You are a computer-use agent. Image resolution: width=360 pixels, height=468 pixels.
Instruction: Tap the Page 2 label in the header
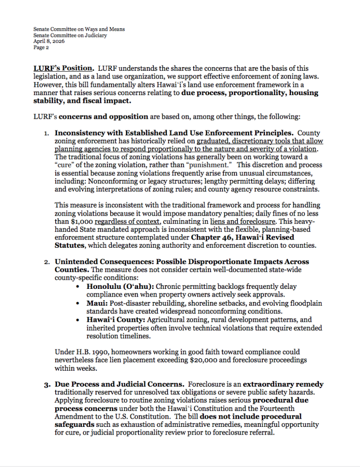[40, 47]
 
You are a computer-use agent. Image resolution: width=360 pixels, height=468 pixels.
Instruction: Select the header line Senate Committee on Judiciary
[69, 35]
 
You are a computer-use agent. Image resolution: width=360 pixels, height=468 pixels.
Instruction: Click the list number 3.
[47, 385]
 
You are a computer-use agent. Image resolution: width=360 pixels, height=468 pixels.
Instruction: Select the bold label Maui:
[96, 303]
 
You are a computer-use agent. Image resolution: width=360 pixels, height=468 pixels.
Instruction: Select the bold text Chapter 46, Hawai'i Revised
[242, 238]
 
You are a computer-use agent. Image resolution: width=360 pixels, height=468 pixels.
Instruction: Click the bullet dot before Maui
[79, 303]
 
